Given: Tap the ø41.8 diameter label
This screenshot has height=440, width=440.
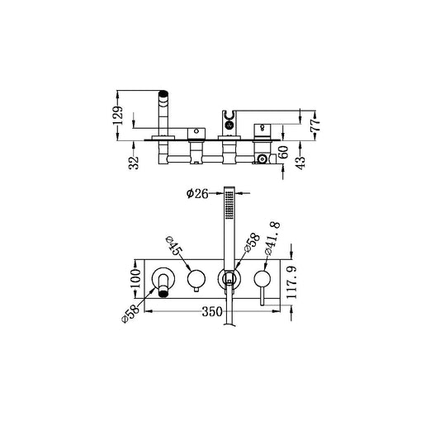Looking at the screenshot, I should coord(273,234).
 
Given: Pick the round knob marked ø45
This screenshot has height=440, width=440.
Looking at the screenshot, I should coord(196,279).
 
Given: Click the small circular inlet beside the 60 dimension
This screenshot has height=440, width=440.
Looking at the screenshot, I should coord(263,156).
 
